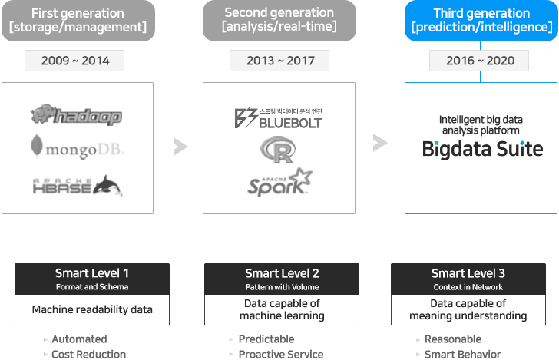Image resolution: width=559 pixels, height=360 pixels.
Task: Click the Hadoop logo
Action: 76,114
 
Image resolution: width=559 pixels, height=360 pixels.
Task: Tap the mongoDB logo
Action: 78,146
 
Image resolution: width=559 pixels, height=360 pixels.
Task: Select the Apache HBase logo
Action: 78,186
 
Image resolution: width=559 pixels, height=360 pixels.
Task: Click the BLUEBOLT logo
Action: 278,118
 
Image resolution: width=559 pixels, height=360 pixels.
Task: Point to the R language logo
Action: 278,150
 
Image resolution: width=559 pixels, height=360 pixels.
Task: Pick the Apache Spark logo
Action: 280,182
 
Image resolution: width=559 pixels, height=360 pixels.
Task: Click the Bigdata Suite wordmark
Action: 482,149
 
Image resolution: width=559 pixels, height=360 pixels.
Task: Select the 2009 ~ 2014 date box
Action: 74,61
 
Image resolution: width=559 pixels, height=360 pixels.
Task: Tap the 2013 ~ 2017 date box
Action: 279,61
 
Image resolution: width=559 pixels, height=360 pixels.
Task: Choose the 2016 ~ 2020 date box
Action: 479,61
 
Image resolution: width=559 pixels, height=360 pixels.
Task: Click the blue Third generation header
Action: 481,20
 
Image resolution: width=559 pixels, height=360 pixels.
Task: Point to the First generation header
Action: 78,20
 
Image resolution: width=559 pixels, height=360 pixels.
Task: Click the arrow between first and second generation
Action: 180,147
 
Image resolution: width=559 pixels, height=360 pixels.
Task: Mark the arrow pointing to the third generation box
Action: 380,143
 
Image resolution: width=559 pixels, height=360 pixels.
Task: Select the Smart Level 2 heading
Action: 282,273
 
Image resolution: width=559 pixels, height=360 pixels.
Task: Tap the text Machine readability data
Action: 92,309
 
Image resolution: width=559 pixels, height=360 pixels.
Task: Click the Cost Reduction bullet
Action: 89,355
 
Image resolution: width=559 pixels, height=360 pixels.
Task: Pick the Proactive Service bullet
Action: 281,355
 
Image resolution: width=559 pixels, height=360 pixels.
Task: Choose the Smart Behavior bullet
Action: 463,355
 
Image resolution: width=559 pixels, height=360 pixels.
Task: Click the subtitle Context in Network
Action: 468,287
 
